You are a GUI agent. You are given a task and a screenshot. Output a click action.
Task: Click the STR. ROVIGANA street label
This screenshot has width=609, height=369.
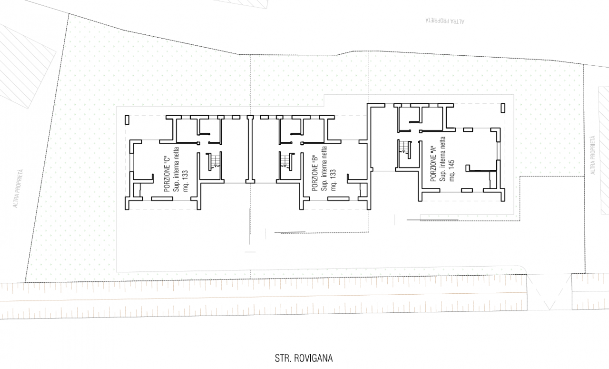point(304,358)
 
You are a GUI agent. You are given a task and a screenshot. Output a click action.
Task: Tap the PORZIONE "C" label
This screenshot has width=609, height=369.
point(167,174)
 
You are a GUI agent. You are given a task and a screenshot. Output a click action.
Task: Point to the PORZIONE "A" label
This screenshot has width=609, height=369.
point(433,164)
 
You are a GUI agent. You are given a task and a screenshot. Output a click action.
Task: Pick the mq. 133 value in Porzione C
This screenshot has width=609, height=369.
point(186,181)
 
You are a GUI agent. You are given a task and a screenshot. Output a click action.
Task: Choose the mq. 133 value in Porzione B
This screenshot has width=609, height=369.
point(334,180)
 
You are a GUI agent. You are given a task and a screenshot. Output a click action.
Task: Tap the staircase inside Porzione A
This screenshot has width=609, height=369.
point(404,149)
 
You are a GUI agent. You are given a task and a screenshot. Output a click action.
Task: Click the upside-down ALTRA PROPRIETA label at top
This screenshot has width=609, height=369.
point(445,20)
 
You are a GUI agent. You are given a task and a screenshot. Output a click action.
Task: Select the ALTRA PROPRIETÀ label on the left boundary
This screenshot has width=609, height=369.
point(18,189)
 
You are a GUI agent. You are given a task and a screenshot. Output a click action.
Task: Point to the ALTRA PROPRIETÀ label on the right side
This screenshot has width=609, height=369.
point(593,155)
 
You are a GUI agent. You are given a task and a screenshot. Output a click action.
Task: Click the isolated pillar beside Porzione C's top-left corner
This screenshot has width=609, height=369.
point(127,120)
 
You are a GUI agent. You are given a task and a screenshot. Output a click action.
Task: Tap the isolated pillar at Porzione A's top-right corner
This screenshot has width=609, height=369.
point(503,108)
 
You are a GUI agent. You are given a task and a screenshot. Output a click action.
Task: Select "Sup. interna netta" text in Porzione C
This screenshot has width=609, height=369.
point(176,170)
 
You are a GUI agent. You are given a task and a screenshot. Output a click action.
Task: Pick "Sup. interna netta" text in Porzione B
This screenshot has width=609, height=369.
point(324,169)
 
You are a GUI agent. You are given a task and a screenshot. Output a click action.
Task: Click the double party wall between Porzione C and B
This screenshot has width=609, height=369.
point(250,150)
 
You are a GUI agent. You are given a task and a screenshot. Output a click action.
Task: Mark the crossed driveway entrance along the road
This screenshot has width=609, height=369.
point(549,292)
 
